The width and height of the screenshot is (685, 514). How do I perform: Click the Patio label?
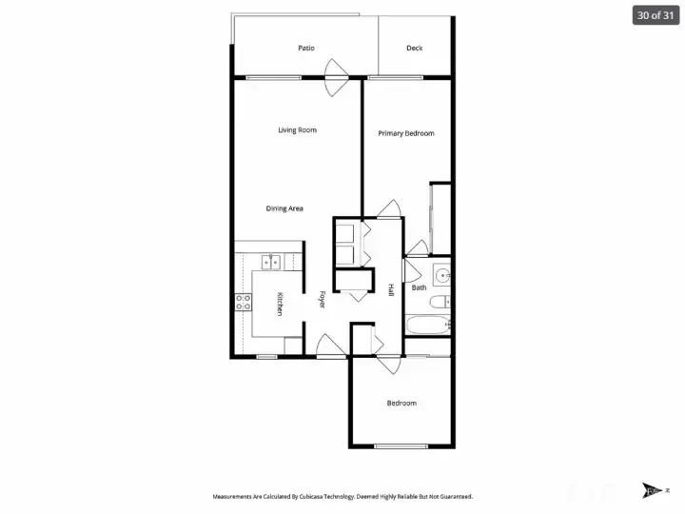click(305, 49)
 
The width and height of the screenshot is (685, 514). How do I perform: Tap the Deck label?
click(414, 49)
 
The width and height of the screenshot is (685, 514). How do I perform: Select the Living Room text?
click(297, 130)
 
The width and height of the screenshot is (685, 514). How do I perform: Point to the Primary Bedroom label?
click(406, 133)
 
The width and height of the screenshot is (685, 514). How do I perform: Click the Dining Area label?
click(284, 208)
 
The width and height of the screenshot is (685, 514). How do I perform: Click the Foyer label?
click(322, 299)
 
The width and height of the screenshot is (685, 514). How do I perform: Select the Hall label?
click(390, 289)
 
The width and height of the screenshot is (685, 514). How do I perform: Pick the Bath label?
click(419, 287)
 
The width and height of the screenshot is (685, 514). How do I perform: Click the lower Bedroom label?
click(401, 404)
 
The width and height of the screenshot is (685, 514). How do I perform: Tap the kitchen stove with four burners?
click(244, 303)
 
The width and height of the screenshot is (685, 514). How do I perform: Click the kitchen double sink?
click(271, 259)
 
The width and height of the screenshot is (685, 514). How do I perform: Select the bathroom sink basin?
click(441, 278)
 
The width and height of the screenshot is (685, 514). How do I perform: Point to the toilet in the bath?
click(439, 304)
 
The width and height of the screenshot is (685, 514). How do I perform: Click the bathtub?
click(426, 326)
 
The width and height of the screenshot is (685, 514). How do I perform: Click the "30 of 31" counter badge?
click(656, 15)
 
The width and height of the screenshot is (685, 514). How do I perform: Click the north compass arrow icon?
click(652, 491)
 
